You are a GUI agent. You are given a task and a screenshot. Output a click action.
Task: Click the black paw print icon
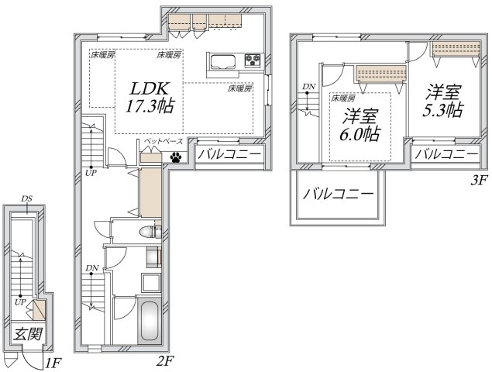177,157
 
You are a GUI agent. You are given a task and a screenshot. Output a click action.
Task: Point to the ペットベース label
162,142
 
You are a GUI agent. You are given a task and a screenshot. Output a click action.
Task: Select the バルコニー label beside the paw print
229,156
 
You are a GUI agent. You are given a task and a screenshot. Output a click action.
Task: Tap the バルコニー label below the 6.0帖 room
337,193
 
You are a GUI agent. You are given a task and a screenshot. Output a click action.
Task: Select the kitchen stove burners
253,60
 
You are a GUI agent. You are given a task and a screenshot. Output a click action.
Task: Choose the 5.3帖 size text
443,109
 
